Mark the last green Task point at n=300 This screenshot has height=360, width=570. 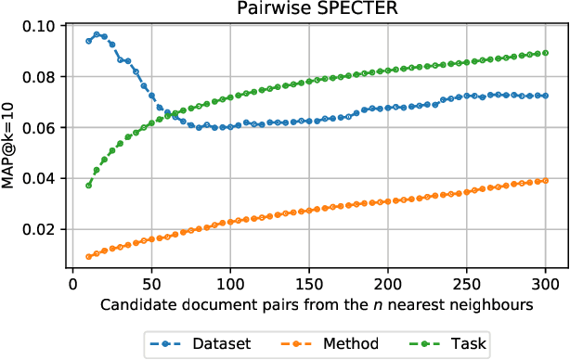pos(546,53)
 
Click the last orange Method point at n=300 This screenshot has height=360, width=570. pos(546,181)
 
